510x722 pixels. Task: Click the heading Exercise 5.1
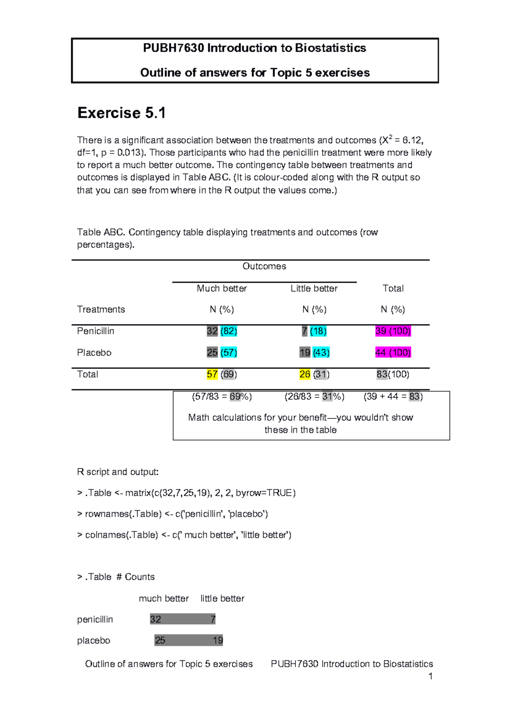click(122, 113)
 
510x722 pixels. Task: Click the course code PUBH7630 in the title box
click(173, 48)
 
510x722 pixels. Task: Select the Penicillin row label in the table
click(96, 331)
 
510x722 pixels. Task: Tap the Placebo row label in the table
click(94, 353)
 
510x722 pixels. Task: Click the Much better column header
click(221, 289)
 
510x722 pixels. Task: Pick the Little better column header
click(314, 289)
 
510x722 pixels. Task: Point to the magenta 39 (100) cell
click(393, 331)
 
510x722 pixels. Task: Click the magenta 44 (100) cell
click(393, 352)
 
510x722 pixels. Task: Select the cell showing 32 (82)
click(222, 331)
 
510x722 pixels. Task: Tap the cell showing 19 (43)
click(314, 352)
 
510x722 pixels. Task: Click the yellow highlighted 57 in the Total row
click(212, 375)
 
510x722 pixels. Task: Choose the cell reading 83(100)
click(393, 375)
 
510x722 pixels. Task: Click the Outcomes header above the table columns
click(264, 267)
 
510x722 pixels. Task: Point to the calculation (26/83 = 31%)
click(314, 397)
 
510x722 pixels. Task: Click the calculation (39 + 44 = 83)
click(393, 397)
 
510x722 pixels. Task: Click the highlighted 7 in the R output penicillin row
click(213, 620)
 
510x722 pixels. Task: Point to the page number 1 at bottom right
click(431, 677)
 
